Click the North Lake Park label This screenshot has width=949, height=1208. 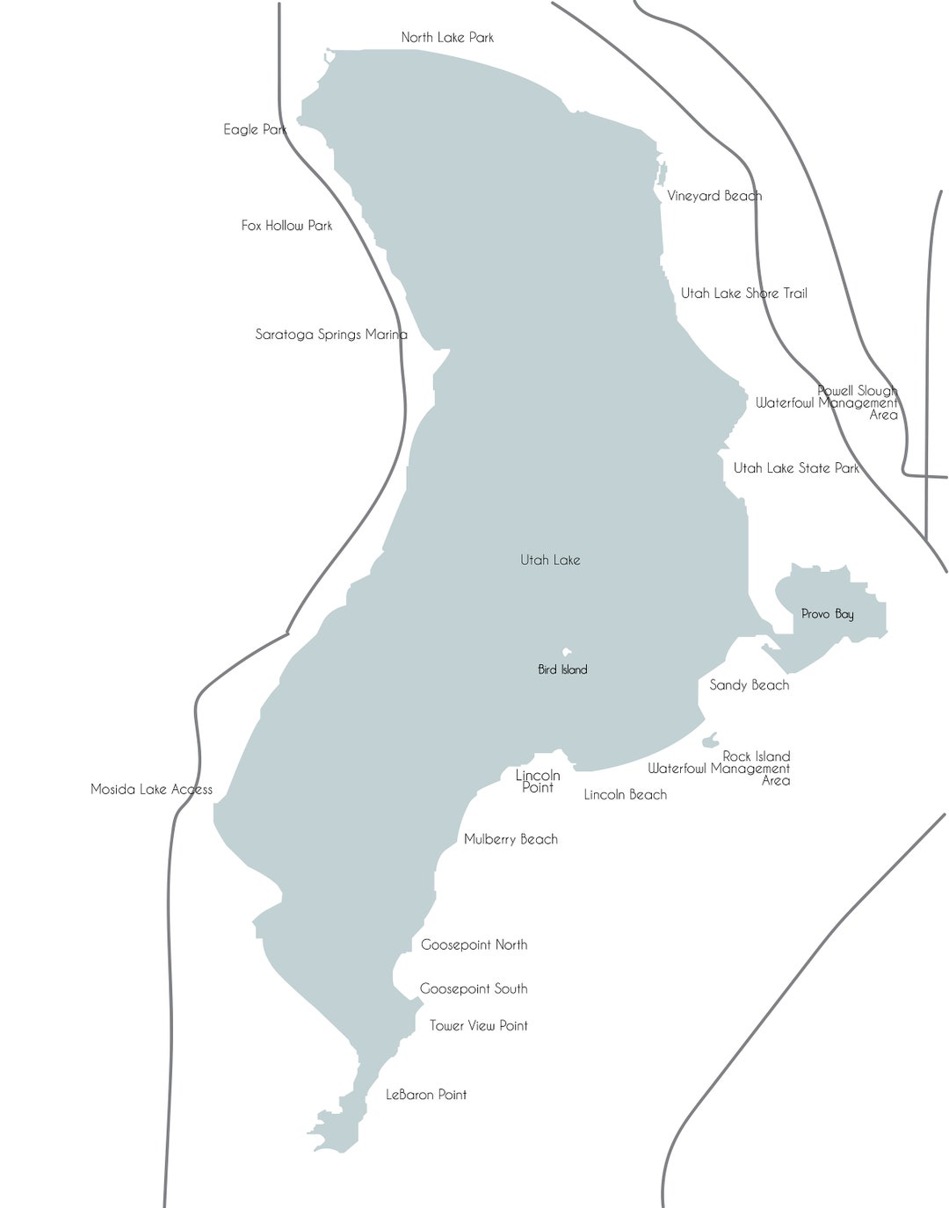pyautogui.click(x=447, y=37)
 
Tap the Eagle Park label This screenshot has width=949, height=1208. pyautogui.click(x=255, y=129)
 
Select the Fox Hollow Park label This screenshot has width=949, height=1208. pyautogui.click(x=286, y=226)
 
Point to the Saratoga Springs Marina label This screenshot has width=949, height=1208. pyautogui.click(x=330, y=334)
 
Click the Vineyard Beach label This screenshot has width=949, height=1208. pyautogui.click(x=714, y=196)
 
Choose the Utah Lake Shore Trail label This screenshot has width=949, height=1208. pyautogui.click(x=743, y=293)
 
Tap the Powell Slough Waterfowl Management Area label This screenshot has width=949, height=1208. pyautogui.click(x=828, y=402)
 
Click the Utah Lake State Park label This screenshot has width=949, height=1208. pyautogui.click(x=796, y=468)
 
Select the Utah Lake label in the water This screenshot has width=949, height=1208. pyautogui.click(x=550, y=560)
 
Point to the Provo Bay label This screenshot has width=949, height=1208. pyautogui.click(x=827, y=614)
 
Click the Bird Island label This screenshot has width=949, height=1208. pyautogui.click(x=562, y=669)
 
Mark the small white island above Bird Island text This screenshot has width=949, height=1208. pyautogui.click(x=567, y=652)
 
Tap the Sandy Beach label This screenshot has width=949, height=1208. pyautogui.click(x=749, y=684)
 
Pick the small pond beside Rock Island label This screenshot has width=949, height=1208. pyautogui.click(x=710, y=741)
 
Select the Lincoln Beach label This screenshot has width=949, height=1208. pyautogui.click(x=625, y=794)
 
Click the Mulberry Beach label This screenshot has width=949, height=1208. pyautogui.click(x=511, y=839)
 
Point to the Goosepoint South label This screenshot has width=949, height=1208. pyautogui.click(x=474, y=988)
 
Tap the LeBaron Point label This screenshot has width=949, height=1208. pyautogui.click(x=426, y=1095)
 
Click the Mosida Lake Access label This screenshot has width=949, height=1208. pyautogui.click(x=151, y=789)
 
